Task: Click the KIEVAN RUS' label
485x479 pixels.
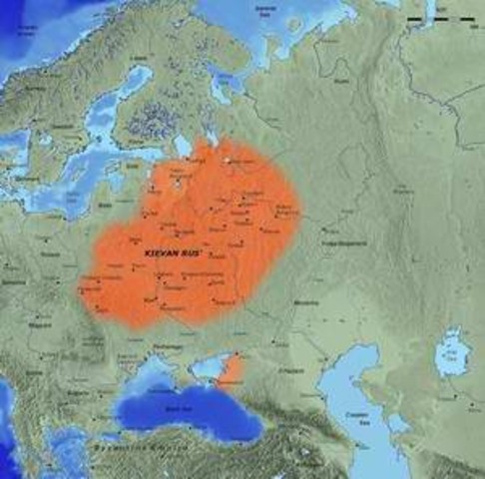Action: click(x=172, y=256)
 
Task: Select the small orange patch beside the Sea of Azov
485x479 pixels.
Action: click(x=231, y=371)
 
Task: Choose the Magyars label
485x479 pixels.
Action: click(x=40, y=322)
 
